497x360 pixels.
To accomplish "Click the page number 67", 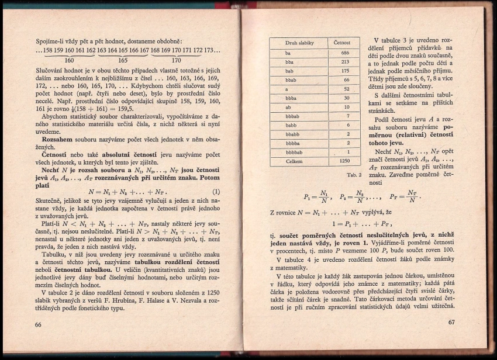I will coord(451,323).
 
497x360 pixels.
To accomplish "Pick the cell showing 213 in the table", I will coord(345,61).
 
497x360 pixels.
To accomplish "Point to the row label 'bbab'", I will coord(291,79).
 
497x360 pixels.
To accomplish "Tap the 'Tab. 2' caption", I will coord(354,174).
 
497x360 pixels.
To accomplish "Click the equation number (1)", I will coord(215,192).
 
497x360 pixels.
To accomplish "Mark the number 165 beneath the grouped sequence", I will coord(123,60).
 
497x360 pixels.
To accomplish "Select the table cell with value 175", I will coord(345,70).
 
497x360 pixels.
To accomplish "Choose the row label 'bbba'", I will coord(292,98).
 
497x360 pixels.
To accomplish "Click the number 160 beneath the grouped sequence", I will coord(69,60).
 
